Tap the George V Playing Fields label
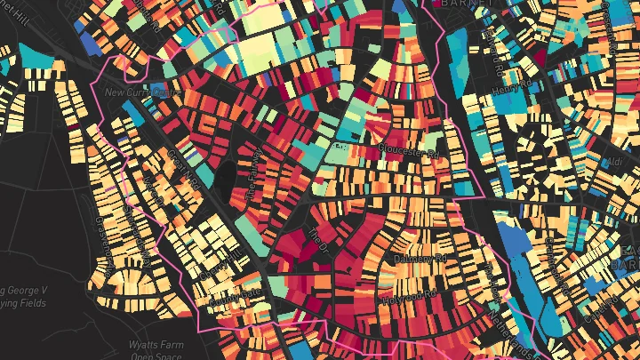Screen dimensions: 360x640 pyautogui.click(x=27, y=297)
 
